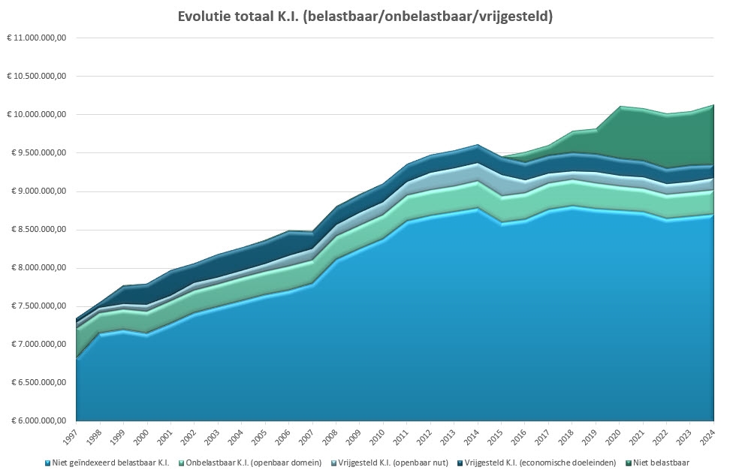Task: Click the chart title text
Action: (x=365, y=16)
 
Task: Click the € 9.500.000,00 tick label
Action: (x=38, y=152)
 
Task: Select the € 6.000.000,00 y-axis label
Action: (x=38, y=420)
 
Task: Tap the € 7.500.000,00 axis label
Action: (x=38, y=306)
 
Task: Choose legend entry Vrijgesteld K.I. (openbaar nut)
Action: (x=382, y=462)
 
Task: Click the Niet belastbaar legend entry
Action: (x=662, y=462)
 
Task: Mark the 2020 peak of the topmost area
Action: (x=620, y=107)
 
